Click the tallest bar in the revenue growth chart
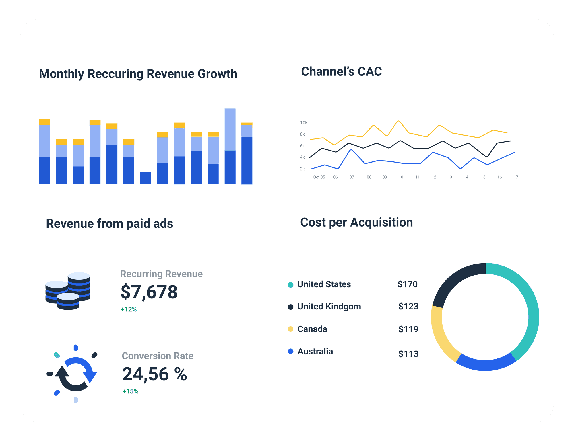tap(230, 146)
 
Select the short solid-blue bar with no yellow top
tap(146, 178)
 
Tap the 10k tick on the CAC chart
tap(304, 123)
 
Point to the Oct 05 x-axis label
tap(319, 177)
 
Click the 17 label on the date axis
tap(516, 177)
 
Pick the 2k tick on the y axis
tap(302, 169)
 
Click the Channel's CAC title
tap(341, 71)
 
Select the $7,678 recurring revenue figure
tap(149, 292)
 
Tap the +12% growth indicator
tap(129, 309)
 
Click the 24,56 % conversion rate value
tap(154, 374)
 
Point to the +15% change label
tap(130, 391)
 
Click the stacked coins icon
tap(68, 291)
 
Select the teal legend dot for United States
tap(290, 285)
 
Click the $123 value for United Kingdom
tap(408, 307)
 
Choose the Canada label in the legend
tap(312, 329)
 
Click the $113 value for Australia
tap(408, 354)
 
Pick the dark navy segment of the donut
tap(453, 281)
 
